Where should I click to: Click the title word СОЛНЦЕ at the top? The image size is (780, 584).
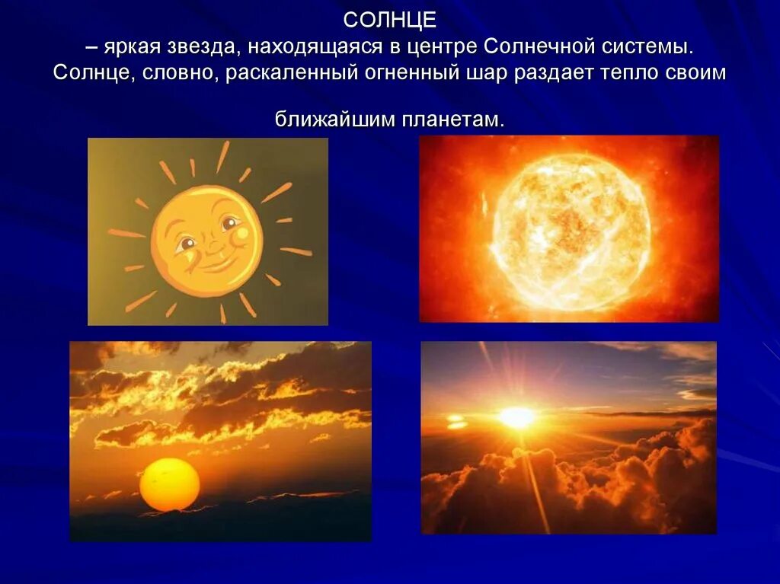389,20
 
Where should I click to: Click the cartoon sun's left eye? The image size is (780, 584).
186,244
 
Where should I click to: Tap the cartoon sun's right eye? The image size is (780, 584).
228,223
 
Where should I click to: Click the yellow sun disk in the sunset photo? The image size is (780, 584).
170,484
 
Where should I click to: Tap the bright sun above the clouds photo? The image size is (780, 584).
518,416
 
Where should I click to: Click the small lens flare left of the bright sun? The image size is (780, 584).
457,421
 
